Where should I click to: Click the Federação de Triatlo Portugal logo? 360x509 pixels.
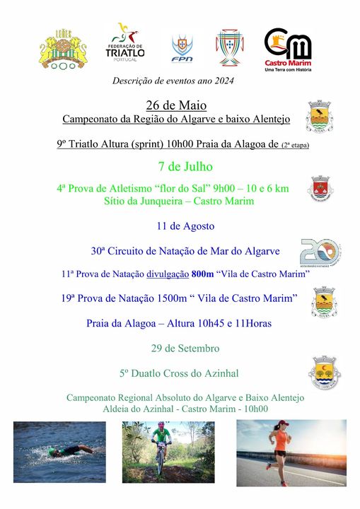(x=125, y=44)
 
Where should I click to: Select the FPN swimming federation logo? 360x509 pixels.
(x=182, y=49)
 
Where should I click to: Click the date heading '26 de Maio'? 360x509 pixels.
(x=167, y=105)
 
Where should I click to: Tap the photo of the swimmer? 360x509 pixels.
(x=59, y=452)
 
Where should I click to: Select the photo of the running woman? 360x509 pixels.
(x=291, y=452)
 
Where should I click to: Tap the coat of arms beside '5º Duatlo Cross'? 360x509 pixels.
(x=324, y=373)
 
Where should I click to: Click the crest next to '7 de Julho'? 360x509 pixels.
(x=321, y=189)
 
